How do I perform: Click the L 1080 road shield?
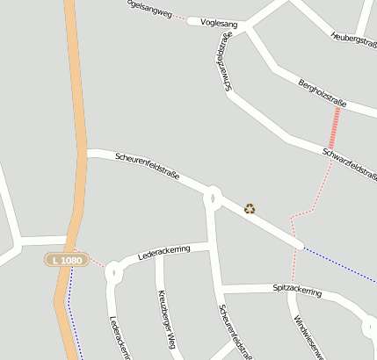click(67, 261)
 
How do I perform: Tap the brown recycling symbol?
click(250, 209)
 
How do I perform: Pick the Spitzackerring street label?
click(297, 289)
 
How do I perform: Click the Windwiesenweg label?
click(310, 339)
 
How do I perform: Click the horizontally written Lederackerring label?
click(164, 255)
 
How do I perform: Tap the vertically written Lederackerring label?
click(120, 338)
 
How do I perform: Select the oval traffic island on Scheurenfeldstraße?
click(213, 197)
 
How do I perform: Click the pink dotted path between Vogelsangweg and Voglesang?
click(180, 17)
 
